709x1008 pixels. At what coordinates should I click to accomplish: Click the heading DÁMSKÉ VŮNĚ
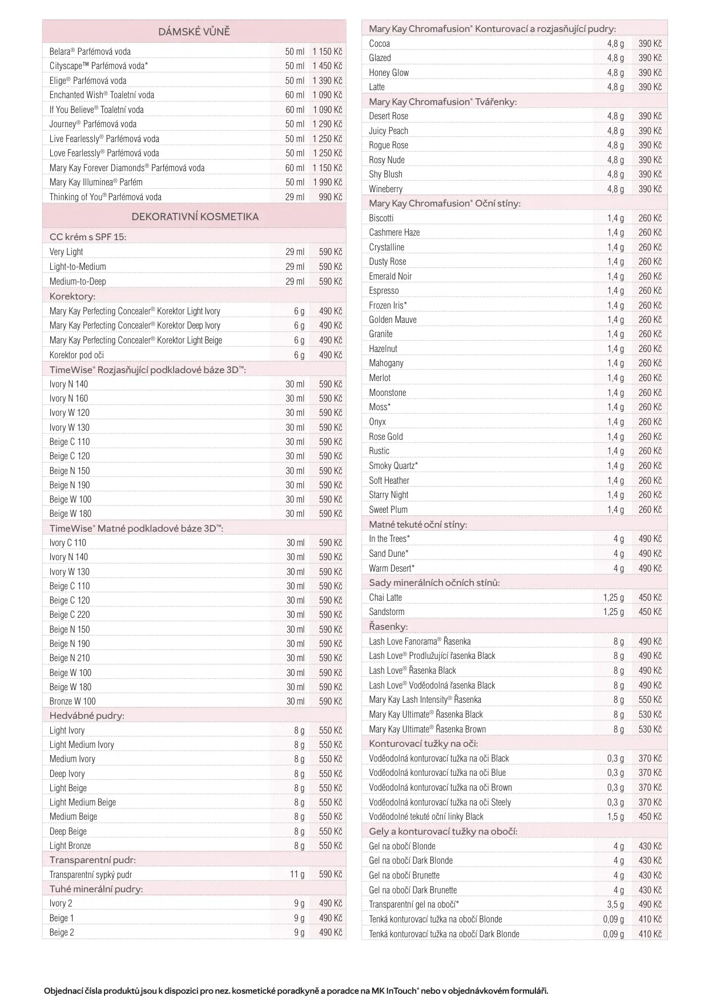coord(194,32)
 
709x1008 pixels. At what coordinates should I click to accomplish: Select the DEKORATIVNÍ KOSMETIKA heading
coord(195,217)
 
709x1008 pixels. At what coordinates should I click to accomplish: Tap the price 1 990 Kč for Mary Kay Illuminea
coord(327,182)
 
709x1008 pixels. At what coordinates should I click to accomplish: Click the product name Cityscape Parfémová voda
coord(98,66)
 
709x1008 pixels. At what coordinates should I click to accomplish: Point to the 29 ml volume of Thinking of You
coord(295,197)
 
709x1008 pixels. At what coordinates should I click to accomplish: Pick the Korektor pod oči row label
coord(76,355)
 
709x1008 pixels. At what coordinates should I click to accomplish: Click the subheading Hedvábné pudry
coord(87,715)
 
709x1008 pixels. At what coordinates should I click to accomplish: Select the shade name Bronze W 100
coord(72,701)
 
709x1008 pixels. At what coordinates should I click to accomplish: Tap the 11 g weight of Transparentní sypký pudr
coord(297,874)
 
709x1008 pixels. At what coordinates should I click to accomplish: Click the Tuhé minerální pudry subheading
coord(96,889)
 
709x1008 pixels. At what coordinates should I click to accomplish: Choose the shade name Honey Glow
coord(389,72)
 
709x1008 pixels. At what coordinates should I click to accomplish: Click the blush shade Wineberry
coord(385,189)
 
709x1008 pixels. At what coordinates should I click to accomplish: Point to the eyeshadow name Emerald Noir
coord(390,276)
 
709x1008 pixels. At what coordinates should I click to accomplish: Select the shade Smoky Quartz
coord(393,465)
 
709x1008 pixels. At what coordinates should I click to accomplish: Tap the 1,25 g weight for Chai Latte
coord(613,597)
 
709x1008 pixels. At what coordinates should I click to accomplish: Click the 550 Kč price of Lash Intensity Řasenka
coord(650,699)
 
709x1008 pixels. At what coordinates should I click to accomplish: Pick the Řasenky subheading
coord(388,626)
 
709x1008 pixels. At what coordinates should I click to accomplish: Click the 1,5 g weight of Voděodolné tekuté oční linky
coord(615,816)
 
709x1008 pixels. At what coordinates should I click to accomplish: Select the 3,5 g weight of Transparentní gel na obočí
coord(615,904)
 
